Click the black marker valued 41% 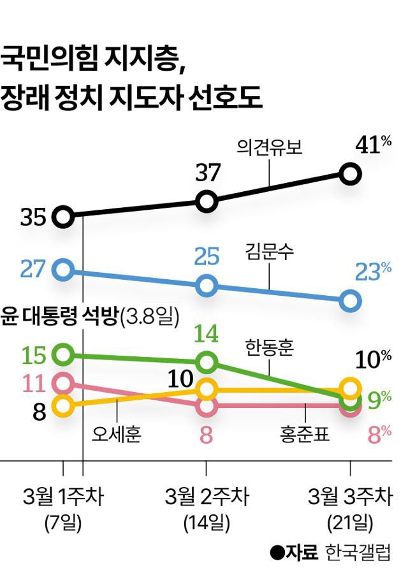tap(350, 173)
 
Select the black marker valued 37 tap(207, 201)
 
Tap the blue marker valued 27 tap(62, 270)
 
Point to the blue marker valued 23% tap(350, 301)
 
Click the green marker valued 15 tap(62, 354)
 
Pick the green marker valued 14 tap(207, 363)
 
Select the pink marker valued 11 tap(62, 383)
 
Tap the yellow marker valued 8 tap(62, 405)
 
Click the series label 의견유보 tap(268, 148)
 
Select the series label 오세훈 tap(116, 435)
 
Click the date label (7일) tap(63, 523)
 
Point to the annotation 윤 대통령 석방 tap(60, 316)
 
